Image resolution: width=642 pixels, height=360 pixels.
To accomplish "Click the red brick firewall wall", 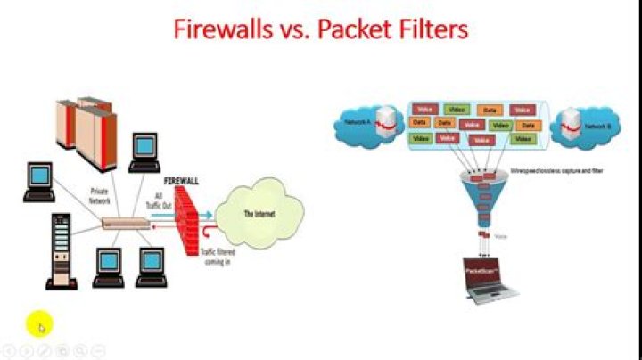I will coord(186,218).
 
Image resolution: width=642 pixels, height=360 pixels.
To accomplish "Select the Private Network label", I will coord(100,196).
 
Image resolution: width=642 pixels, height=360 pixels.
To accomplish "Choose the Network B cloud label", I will coord(597,127).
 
